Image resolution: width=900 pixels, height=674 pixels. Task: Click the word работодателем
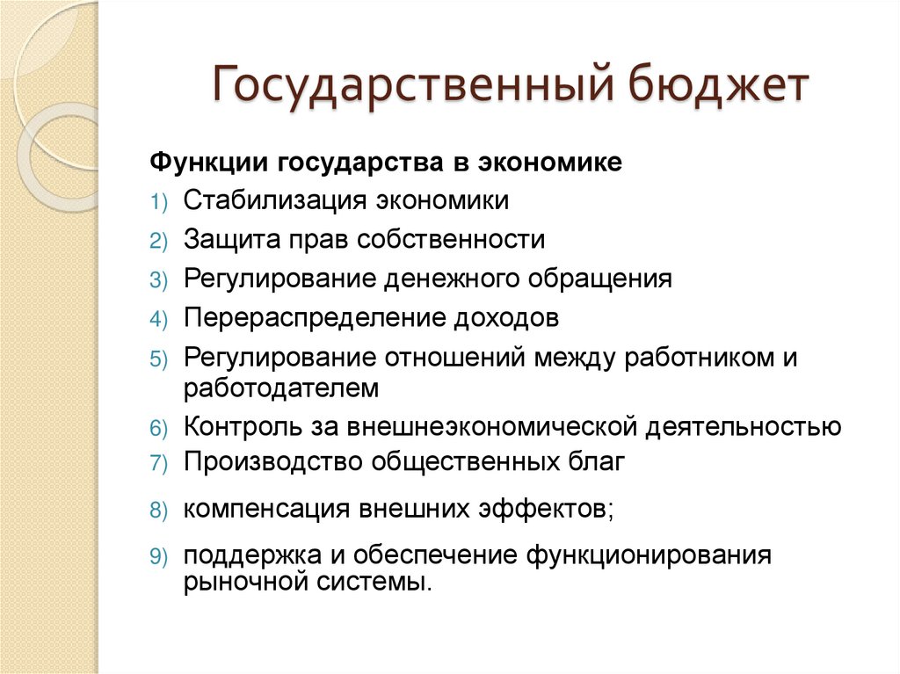[281, 387]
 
